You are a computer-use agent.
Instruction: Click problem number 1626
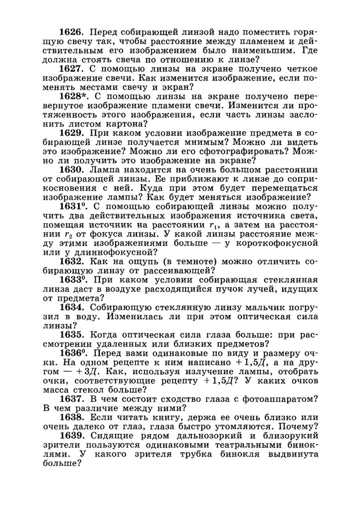71,32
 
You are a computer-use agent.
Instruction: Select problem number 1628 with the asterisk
73,96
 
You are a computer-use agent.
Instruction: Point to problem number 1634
71,308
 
